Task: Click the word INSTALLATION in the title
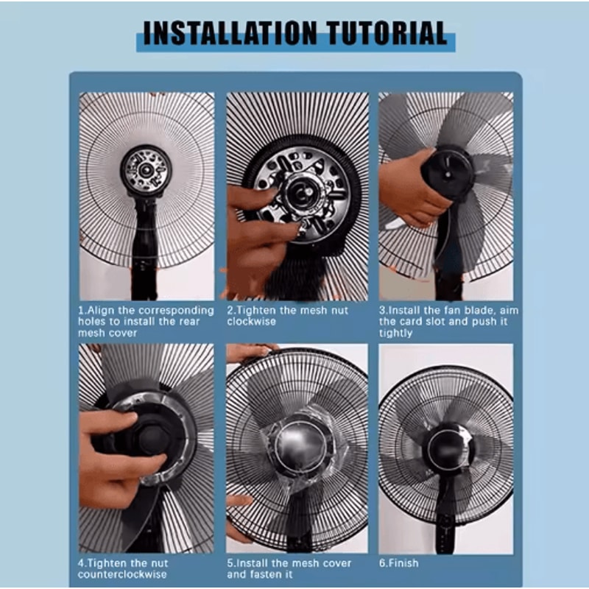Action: click(230, 34)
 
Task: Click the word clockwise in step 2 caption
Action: click(253, 322)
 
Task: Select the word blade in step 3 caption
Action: click(484, 311)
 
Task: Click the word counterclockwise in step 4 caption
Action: click(122, 574)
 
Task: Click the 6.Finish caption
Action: click(398, 563)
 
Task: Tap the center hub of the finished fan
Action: click(446, 448)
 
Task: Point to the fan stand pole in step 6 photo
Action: click(445, 515)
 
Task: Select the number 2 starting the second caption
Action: click(230, 311)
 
